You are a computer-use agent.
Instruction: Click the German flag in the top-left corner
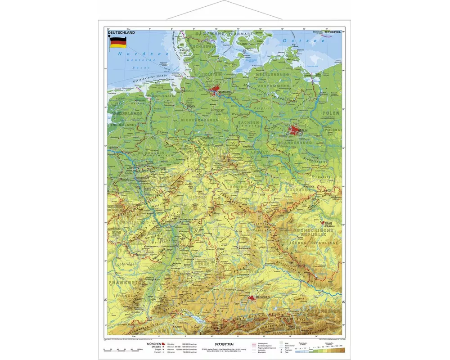pos(118,44)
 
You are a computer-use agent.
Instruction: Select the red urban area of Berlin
pos(295,131)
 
